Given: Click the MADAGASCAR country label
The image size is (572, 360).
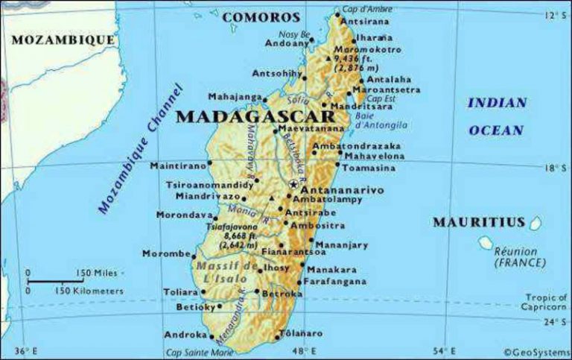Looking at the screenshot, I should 253,118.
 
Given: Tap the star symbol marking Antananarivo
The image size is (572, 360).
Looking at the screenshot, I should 293,183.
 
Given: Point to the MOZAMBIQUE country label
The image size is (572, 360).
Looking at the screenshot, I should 63,40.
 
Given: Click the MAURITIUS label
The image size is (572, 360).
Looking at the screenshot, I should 479,222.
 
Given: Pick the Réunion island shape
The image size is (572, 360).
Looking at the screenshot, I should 486,242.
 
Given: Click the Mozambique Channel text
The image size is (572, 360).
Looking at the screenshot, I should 139,149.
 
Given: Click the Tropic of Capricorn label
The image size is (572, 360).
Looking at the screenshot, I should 544,302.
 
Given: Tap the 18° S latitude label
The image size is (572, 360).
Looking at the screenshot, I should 554,168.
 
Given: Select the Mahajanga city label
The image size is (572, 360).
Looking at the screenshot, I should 235,97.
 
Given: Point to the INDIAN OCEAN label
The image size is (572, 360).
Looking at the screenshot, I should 497,116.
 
